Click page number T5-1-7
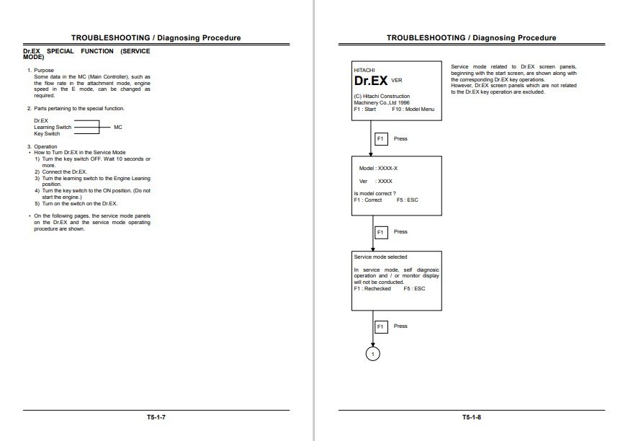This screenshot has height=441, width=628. pyautogui.click(x=156, y=417)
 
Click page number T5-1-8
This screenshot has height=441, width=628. pyautogui.click(x=472, y=417)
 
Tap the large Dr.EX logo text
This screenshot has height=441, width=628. pyautogui.click(x=370, y=81)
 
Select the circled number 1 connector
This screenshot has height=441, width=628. pyautogui.click(x=372, y=354)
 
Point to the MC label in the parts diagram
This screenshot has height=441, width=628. pyautogui.click(x=118, y=127)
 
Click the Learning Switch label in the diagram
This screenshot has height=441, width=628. pyautogui.click(x=53, y=127)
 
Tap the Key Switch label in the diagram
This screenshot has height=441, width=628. pyautogui.click(x=47, y=133)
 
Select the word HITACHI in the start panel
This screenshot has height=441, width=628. pyautogui.click(x=365, y=69)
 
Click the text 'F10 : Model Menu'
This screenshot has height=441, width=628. pyautogui.click(x=413, y=109)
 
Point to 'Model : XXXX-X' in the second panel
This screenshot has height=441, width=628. pyautogui.click(x=378, y=168)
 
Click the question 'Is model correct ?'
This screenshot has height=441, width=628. pyautogui.click(x=375, y=193)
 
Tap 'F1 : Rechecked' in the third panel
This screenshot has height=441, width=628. pyautogui.click(x=372, y=288)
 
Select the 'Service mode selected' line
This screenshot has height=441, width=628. pyautogui.click(x=380, y=257)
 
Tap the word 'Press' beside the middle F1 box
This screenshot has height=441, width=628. pyautogui.click(x=400, y=232)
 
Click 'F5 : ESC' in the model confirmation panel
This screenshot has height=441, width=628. pyautogui.click(x=407, y=200)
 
